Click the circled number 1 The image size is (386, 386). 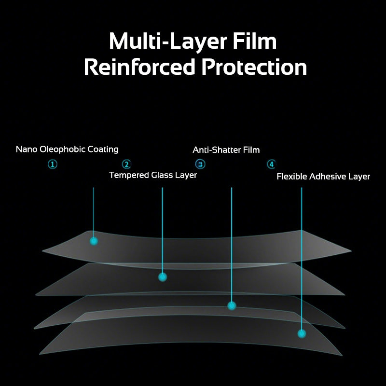point(53,164)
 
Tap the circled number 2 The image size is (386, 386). point(126,165)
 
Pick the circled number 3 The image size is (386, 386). point(200,165)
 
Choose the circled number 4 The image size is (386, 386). point(271,165)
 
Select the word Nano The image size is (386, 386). point(26,150)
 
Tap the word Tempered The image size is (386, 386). point(129,175)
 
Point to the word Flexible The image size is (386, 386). point(291,177)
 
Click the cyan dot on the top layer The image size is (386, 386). point(94,241)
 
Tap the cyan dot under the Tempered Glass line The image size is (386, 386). point(163,277)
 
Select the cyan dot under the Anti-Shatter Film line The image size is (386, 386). point(232,305)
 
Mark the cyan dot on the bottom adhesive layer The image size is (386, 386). point(302,333)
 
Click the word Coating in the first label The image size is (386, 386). point(103,150)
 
